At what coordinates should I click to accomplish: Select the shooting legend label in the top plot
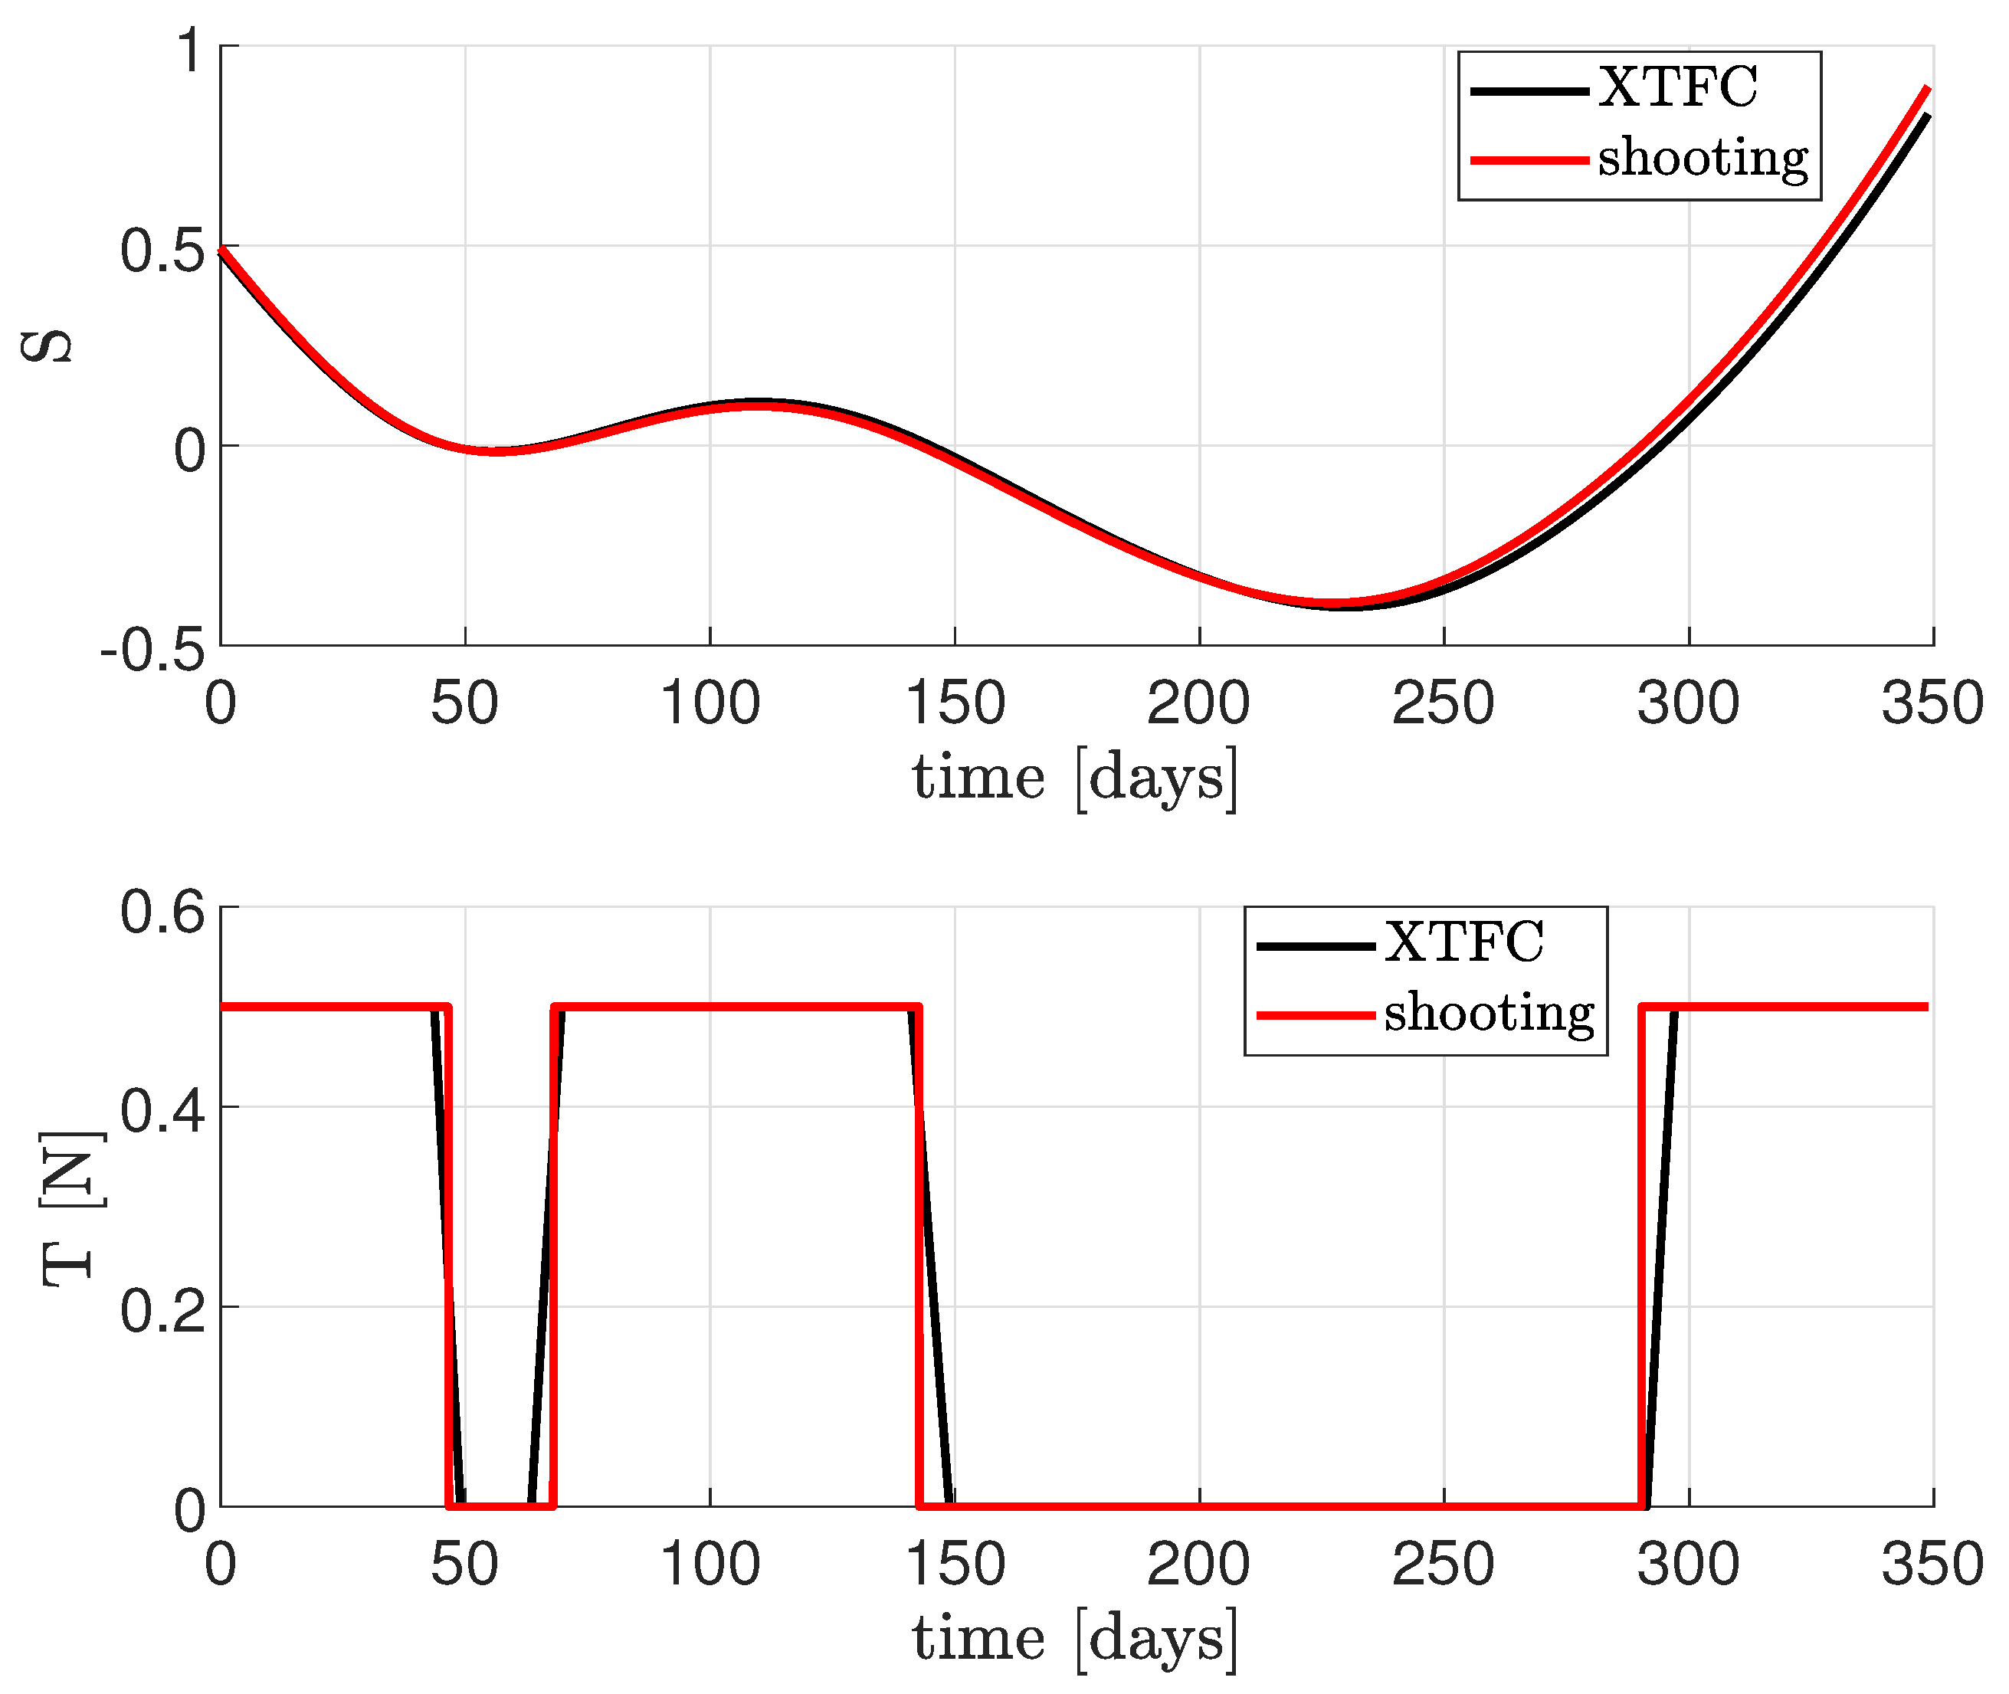[x=1702, y=159]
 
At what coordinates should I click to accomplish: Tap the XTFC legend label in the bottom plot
[x=1463, y=942]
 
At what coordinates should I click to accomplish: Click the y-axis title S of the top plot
[x=46, y=346]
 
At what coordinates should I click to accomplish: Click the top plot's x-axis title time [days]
[x=1074, y=778]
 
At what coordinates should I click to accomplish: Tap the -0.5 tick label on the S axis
[x=152, y=651]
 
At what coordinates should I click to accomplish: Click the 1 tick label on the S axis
[x=190, y=49]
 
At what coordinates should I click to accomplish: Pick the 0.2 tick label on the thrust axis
[x=162, y=1311]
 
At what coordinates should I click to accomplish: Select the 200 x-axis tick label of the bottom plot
[x=1198, y=1565]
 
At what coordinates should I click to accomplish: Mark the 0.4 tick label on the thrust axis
[x=162, y=1111]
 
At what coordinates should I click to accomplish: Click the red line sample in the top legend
[x=1529, y=159]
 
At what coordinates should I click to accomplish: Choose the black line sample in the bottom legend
[x=1315, y=946]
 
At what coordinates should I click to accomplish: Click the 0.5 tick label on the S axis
[x=162, y=251]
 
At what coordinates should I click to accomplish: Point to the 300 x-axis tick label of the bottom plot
[x=1687, y=1565]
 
